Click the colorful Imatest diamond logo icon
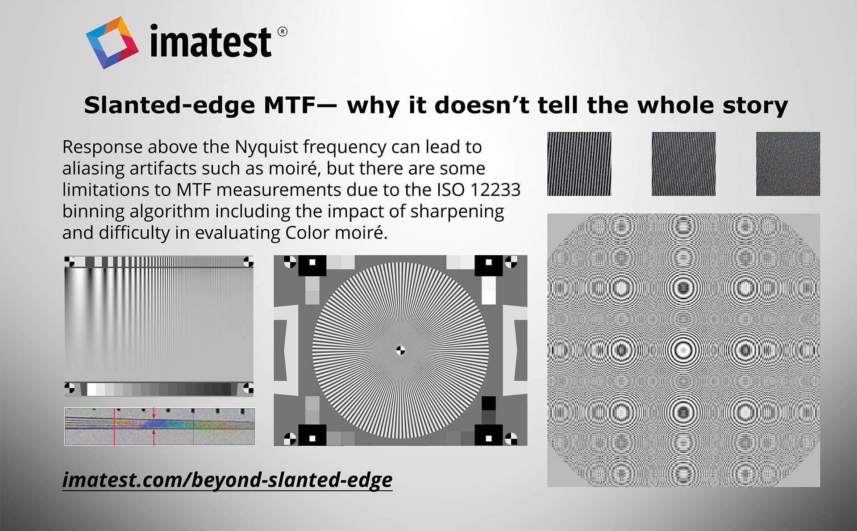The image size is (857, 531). [x=112, y=43]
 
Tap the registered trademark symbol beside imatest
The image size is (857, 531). [x=282, y=32]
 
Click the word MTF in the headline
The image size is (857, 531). [x=290, y=105]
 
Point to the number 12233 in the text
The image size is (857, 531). [x=495, y=190]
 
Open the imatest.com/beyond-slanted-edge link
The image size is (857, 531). [x=227, y=480]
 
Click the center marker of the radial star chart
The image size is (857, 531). [x=400, y=351]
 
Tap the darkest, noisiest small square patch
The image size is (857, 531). [x=788, y=164]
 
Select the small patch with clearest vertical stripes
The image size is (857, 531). [x=579, y=164]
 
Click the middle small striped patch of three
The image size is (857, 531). [x=683, y=164]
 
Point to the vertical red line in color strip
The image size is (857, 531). [x=114, y=427]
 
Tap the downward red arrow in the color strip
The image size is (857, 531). [x=154, y=413]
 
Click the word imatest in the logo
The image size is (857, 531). [x=211, y=41]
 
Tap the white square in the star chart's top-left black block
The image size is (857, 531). [x=312, y=262]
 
